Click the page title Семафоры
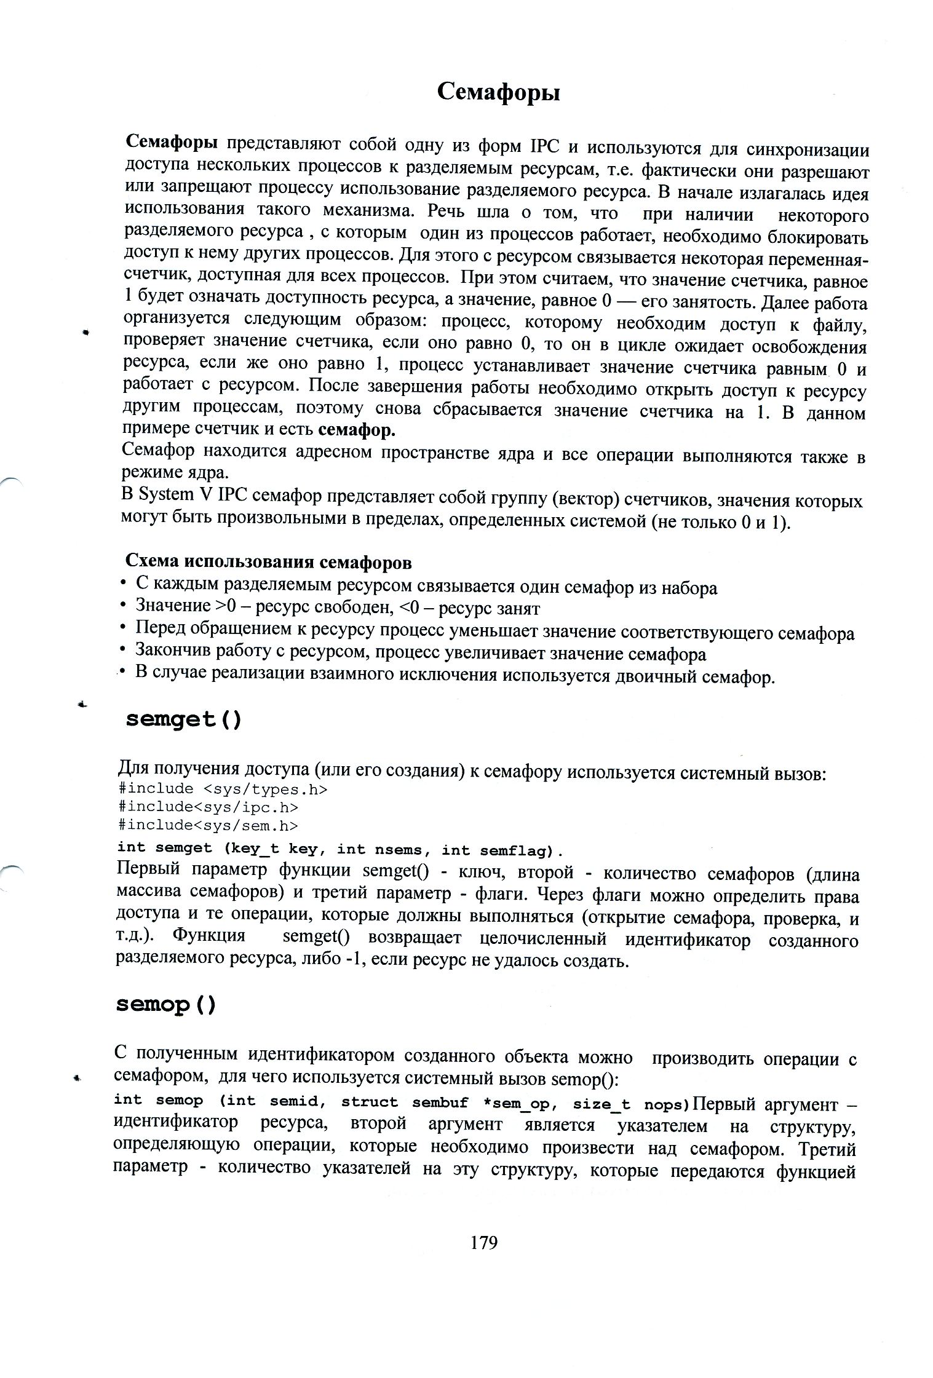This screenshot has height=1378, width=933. point(498,93)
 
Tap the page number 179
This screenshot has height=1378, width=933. point(483,1242)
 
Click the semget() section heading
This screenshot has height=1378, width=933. point(183,719)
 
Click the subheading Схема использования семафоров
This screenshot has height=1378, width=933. point(268,562)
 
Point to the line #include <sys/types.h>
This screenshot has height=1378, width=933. point(223,789)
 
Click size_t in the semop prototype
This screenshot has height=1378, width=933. point(601,1104)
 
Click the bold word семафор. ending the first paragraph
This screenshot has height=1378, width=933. point(357,430)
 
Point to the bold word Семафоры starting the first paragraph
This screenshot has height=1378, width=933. point(172,143)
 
